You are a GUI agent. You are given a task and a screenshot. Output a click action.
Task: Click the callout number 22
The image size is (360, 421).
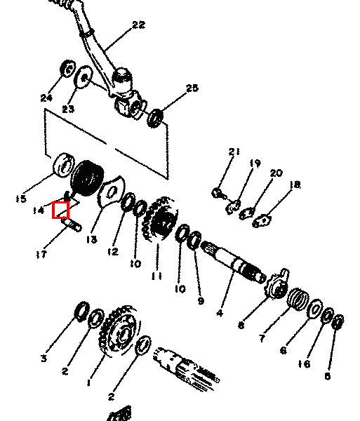tap(139, 25)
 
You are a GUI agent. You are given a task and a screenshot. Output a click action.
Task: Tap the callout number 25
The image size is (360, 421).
tap(192, 88)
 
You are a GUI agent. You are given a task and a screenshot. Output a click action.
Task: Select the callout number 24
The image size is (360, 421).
tap(46, 98)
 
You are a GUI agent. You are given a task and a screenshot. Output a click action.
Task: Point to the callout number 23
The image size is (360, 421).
tap(68, 109)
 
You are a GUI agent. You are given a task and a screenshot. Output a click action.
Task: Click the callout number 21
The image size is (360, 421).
tap(234, 152)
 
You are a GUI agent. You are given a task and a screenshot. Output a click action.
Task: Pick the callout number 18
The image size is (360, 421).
tap(295, 185)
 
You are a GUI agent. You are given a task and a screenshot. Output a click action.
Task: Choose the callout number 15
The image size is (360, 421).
tap(21, 199)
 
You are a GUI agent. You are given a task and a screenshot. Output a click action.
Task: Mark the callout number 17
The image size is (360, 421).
tap(41, 254)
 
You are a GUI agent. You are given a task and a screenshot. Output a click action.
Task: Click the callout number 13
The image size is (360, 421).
tap(92, 239)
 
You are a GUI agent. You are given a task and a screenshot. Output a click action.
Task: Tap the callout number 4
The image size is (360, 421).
tap(220, 313)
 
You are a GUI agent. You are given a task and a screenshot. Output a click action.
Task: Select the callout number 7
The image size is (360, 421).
tap(262, 338)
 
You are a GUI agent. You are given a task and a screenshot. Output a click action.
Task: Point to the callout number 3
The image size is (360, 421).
tap(44, 358)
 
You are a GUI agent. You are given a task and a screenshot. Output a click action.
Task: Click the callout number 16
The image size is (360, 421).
tap(304, 364)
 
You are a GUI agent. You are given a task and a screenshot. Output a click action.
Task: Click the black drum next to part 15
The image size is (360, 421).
tap(87, 178)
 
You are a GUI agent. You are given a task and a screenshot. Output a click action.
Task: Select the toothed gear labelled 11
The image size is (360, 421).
tap(161, 219)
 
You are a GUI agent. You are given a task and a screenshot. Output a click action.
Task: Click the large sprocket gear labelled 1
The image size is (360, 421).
tap(120, 332)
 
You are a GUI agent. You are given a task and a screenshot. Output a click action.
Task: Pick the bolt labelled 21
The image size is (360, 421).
tap(220, 194)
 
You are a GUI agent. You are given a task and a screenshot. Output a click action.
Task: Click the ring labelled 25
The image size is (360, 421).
tap(155, 118)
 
